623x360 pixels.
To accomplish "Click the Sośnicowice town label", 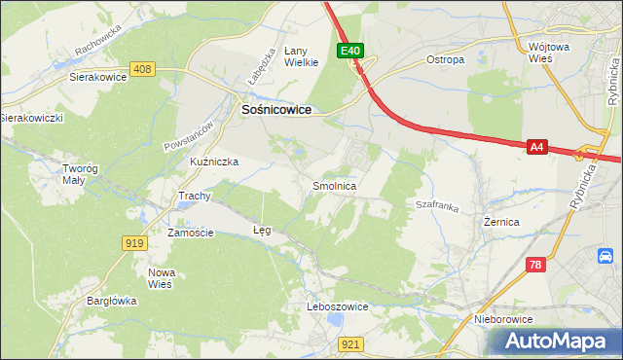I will [x=275, y=111].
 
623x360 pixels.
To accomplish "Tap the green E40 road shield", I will [x=350, y=51].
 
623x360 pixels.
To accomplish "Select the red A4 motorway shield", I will [x=536, y=147].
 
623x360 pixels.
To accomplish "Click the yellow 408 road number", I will [x=142, y=69].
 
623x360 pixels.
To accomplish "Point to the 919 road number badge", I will [x=135, y=242].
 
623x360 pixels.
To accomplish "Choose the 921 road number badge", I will [x=352, y=343].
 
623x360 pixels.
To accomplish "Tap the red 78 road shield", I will [x=534, y=265].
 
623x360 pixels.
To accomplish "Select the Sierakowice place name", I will [x=99, y=75].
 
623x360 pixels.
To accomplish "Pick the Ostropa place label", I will [x=446, y=59].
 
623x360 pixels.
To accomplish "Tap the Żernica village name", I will [x=501, y=223].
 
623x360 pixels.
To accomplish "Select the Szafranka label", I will [x=436, y=205].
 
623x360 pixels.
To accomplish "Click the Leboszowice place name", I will [x=337, y=306].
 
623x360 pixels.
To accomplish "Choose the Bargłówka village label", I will [x=109, y=301].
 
